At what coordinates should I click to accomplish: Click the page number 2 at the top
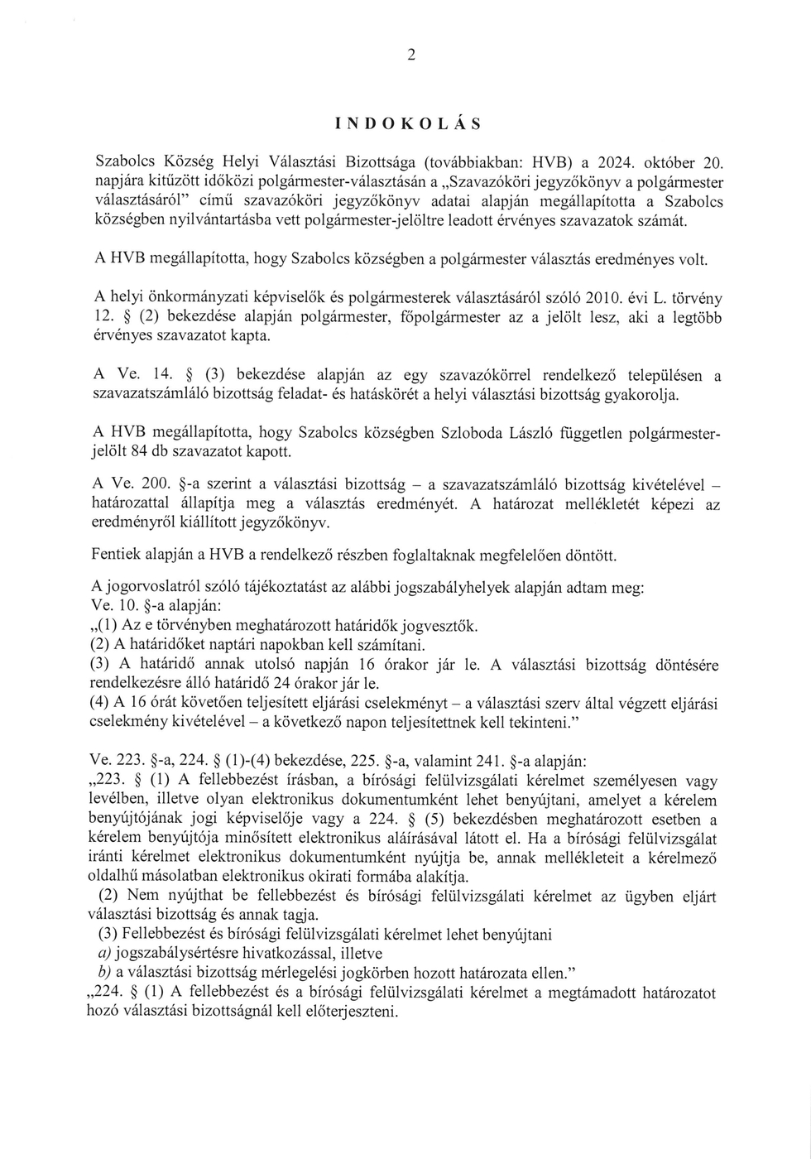coord(410,55)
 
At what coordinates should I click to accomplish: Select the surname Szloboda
coord(446,433)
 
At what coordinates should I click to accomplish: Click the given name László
coord(516,433)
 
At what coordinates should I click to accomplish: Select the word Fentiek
coord(118,555)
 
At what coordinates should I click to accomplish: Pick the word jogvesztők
coord(442,626)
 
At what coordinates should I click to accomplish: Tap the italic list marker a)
coord(105,954)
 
